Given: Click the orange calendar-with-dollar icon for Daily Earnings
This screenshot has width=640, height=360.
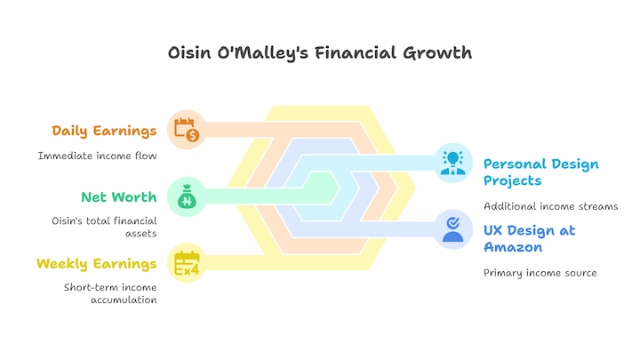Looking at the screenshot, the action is pyautogui.click(x=187, y=130).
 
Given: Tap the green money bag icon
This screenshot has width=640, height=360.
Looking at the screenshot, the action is pyautogui.click(x=187, y=196).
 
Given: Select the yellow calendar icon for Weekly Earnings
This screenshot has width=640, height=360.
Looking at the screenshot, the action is pyautogui.click(x=187, y=263).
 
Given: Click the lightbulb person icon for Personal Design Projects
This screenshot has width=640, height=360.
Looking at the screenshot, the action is pyautogui.click(x=453, y=163).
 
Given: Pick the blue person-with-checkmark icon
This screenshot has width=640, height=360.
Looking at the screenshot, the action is pyautogui.click(x=453, y=229).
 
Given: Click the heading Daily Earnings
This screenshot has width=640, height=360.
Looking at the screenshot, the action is pyautogui.click(x=104, y=131).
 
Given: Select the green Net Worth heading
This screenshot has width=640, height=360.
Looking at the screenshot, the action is pyautogui.click(x=119, y=197).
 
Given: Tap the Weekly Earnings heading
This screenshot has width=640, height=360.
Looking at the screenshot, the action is pyautogui.click(x=96, y=264).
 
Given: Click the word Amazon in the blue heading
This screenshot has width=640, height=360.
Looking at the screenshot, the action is pyautogui.click(x=513, y=247).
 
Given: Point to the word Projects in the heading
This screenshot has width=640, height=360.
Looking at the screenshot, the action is pyautogui.click(x=513, y=180).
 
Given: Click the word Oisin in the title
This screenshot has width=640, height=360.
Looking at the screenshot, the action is pyautogui.click(x=189, y=53).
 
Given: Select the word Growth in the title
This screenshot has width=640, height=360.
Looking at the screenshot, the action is pyautogui.click(x=437, y=53).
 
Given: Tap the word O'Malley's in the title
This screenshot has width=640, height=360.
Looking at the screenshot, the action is pyautogui.click(x=262, y=53).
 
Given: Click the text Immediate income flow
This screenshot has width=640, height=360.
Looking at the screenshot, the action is pyautogui.click(x=97, y=156).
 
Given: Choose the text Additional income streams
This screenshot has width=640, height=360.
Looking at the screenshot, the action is pyautogui.click(x=550, y=206).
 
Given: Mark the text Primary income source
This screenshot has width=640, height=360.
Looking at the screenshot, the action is pyautogui.click(x=540, y=273).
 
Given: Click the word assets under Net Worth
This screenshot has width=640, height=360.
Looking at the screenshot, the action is pyautogui.click(x=140, y=234).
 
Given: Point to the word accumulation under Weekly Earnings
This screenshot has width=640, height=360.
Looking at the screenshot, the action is pyautogui.click(x=124, y=300).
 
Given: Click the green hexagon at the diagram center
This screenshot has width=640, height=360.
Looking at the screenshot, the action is pyautogui.click(x=321, y=188).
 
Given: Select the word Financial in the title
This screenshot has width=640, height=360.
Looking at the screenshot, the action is pyautogui.click(x=355, y=53).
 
